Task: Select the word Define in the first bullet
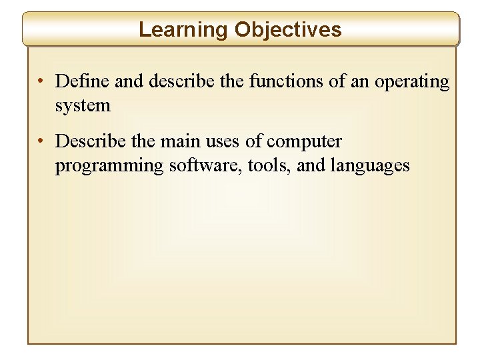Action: pos(83,82)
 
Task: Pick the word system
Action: pos(83,105)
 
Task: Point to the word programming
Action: pos(109,166)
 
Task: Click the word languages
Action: pos(370,166)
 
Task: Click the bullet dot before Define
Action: pos(41,83)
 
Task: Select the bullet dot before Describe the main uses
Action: pos(41,142)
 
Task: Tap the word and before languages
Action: pos(310,165)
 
